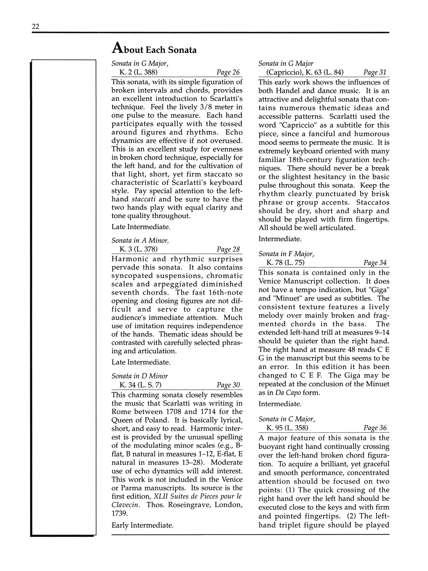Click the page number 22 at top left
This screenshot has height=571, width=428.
coord(36,26)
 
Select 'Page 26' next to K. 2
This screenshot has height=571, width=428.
coord(228,72)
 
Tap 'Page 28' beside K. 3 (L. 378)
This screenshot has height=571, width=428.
coord(228,249)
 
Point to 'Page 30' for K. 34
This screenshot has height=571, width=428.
coord(228,385)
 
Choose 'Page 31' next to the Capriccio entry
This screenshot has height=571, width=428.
coord(375,72)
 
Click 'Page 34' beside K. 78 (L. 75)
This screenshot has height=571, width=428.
coord(375,262)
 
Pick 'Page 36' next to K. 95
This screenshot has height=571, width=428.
coord(375,428)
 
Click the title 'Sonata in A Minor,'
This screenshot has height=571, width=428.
coord(140,241)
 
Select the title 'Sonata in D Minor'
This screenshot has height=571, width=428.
coord(140,376)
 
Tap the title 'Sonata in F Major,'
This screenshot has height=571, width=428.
coord(286,254)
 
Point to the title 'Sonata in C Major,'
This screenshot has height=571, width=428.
coord(287,419)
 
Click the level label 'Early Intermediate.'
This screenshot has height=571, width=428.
coord(142,525)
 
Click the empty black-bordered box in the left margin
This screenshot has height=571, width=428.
coord(63,298)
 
